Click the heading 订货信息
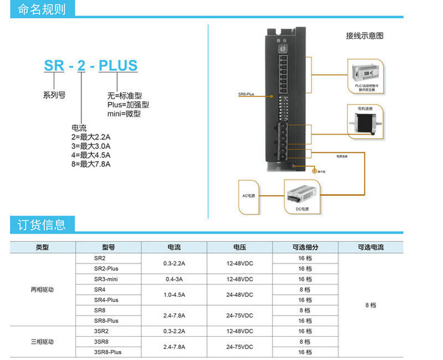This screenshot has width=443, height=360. [42, 224]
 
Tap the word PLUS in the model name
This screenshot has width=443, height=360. [117, 65]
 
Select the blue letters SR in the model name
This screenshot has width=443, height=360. [54, 65]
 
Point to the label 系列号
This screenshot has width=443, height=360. [54, 95]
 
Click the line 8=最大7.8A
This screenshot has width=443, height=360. [91, 164]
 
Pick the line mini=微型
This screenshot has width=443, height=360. [124, 114]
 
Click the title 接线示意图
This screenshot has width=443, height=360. [364, 36]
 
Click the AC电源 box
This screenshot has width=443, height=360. [249, 197]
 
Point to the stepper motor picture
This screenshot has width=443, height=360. [365, 120]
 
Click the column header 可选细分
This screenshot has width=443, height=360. [305, 248]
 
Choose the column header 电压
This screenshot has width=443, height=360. [239, 248]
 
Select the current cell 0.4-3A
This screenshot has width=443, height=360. [174, 279]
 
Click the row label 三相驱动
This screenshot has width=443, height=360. [42, 342]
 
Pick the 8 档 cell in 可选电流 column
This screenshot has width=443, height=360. [370, 305]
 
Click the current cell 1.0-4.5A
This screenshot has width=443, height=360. [174, 295]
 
